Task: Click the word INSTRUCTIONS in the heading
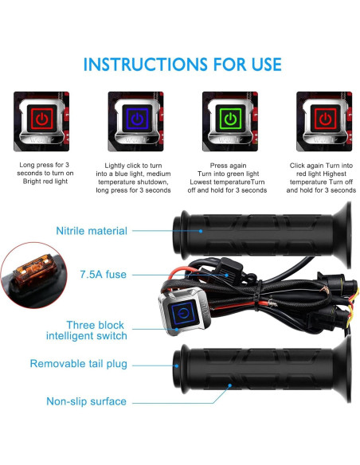pyautogui.click(x=146, y=64)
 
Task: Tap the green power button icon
pyautogui.click(x=230, y=119)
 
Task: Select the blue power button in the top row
pyautogui.click(x=137, y=119)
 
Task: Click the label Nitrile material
pyautogui.click(x=92, y=231)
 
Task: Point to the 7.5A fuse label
pyautogui.click(x=104, y=275)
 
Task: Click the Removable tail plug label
pyautogui.click(x=79, y=364)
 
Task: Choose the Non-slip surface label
pyautogui.click(x=86, y=401)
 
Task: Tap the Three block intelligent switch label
pyautogui.click(x=87, y=330)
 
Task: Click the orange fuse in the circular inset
pyautogui.click(x=35, y=272)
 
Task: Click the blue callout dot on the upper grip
pyautogui.click(x=201, y=231)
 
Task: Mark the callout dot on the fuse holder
pyautogui.click(x=227, y=275)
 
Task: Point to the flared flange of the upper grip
pyautogui.click(x=342, y=235)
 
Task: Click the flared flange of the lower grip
pyautogui.click(x=342, y=369)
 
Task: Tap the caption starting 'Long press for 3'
pyautogui.click(x=45, y=173)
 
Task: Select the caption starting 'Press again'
pyautogui.click(x=228, y=178)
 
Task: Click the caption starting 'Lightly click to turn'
pyautogui.click(x=134, y=178)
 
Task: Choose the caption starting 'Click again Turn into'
pyautogui.click(x=321, y=178)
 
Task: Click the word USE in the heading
pyautogui.click(x=266, y=64)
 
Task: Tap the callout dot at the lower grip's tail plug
pyautogui.click(x=177, y=365)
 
